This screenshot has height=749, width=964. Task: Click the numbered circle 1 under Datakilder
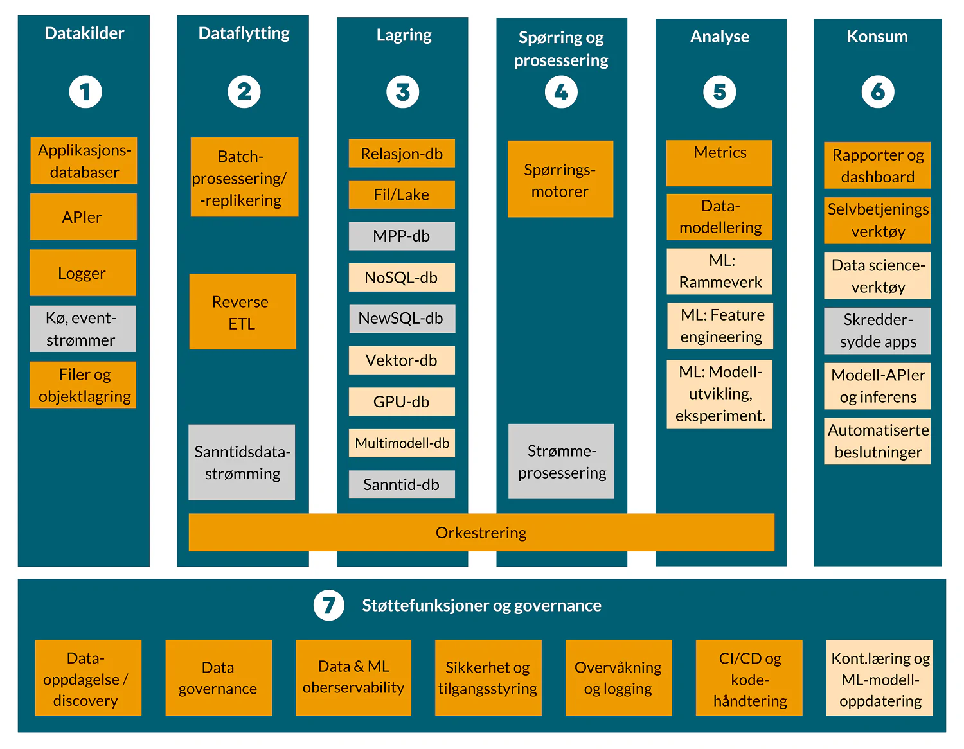[x=85, y=92]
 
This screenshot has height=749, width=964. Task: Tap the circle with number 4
[x=561, y=92]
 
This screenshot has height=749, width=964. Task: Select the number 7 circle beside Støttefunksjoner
[x=328, y=605]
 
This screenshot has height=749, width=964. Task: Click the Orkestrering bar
[x=481, y=533]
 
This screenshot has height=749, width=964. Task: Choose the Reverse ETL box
[x=242, y=312]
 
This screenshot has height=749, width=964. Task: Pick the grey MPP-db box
[x=402, y=236]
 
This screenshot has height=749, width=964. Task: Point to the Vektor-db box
[x=402, y=360]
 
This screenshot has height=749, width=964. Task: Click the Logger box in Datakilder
[x=83, y=273]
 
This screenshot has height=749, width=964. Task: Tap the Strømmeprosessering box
[x=561, y=461]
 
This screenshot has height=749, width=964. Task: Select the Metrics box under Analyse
[x=719, y=163]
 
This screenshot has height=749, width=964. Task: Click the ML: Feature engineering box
[x=720, y=326]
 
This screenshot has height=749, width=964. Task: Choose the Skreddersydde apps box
[x=877, y=331]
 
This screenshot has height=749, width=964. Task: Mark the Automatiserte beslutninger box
[x=877, y=441]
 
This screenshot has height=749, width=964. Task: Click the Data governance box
[x=219, y=678]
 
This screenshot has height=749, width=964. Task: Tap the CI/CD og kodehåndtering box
[x=749, y=678]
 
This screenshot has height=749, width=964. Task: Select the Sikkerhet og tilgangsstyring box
[x=488, y=678]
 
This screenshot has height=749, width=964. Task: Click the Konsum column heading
[x=877, y=37]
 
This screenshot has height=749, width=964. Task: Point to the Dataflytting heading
[x=244, y=33]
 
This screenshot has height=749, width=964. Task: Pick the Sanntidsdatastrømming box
[x=242, y=463]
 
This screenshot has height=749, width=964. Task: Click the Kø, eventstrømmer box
[x=83, y=329]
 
